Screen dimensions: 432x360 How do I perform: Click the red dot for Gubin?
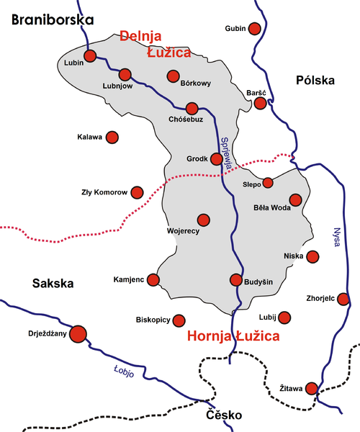pos(254,29)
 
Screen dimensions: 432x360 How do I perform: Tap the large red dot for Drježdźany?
pos(77,333)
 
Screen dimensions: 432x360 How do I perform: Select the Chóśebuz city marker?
pos(192,109)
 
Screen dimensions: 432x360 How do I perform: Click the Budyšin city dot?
pos(235,280)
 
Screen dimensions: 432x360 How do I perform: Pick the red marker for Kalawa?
pos(112,137)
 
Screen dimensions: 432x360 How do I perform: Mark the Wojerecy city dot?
pos(203,219)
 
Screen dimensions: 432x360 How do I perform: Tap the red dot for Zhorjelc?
pos(343,299)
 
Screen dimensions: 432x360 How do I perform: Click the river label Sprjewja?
pos(225,152)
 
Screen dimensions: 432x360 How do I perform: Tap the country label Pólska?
pos(315,81)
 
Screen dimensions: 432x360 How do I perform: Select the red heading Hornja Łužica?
pos(233,336)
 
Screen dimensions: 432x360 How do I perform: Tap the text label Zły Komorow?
pos(104,192)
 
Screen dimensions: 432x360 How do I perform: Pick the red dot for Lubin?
pos(90,55)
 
